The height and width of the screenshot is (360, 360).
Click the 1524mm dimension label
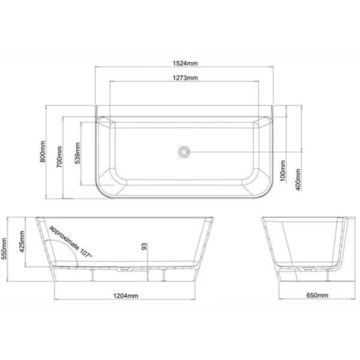(184, 63)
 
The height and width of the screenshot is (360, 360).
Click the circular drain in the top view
(184, 152)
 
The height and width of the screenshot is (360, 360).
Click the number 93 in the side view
(144, 247)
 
